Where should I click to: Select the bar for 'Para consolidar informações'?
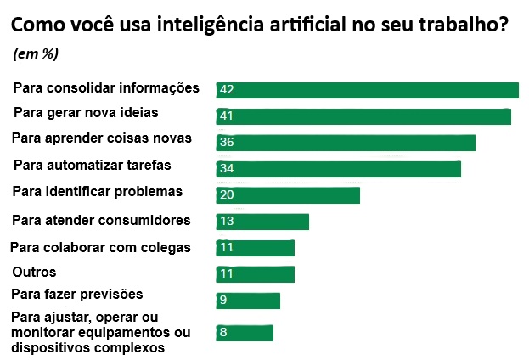pos(367,90)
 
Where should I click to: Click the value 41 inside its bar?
pos(226,116)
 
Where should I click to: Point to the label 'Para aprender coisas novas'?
pos(102,138)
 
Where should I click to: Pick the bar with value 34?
pos(338,168)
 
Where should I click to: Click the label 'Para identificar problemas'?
pos(98,191)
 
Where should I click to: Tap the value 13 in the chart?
pos(226,222)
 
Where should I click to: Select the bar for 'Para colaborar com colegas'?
pos(255,248)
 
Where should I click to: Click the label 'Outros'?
pos(34,273)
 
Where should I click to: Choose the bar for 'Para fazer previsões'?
pos(248,301)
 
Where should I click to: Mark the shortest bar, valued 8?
pos(245,332)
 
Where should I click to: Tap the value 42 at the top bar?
pos(226,89)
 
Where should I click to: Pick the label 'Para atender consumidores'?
pos(101,220)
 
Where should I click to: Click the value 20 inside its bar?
pos(226,194)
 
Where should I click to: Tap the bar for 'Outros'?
pos(255,274)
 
